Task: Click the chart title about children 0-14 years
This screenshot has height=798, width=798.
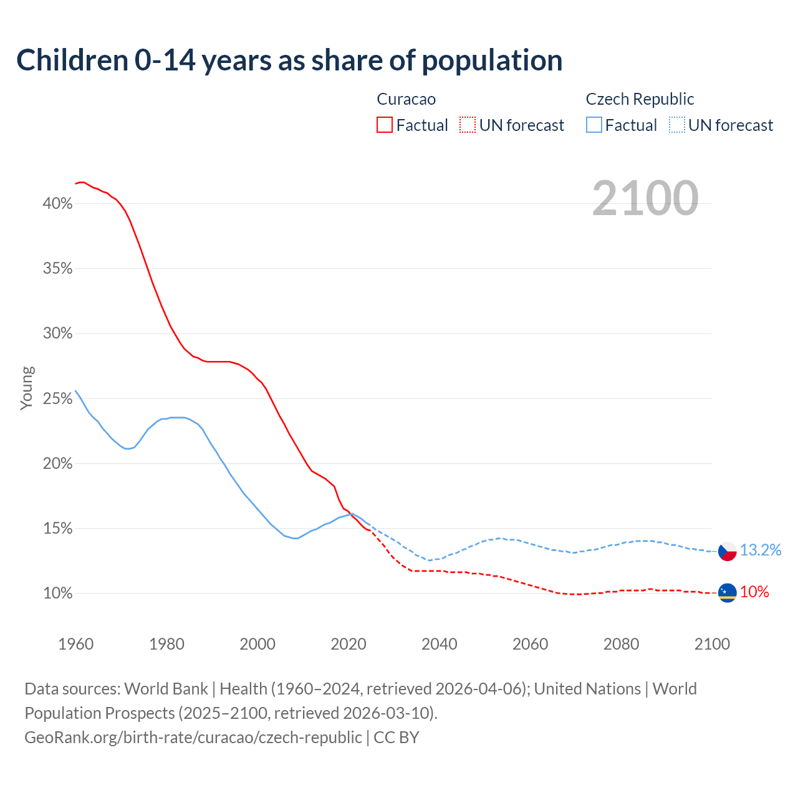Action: (x=289, y=60)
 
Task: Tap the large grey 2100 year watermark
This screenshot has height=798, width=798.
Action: (x=645, y=198)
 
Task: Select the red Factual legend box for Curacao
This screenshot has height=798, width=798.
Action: (x=385, y=125)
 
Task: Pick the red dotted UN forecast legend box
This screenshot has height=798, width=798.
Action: (x=468, y=125)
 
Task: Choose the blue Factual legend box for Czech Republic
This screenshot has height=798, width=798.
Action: (x=594, y=125)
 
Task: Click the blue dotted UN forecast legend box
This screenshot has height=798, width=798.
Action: (x=677, y=125)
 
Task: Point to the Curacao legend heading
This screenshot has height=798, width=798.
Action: (x=406, y=99)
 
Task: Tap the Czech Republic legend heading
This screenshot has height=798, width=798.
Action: (x=640, y=99)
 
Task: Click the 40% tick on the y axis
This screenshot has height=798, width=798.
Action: (x=58, y=204)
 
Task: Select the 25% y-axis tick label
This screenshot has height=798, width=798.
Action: (x=58, y=398)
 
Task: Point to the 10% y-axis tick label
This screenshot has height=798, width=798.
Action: (x=58, y=594)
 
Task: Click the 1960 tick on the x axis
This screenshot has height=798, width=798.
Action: (x=75, y=644)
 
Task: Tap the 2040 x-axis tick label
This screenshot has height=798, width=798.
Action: (x=440, y=644)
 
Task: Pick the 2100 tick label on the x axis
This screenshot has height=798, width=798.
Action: (x=712, y=644)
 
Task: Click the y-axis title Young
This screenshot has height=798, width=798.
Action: (x=27, y=388)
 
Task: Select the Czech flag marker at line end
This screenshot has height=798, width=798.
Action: (x=728, y=551)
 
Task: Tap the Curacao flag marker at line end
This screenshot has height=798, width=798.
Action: (x=728, y=593)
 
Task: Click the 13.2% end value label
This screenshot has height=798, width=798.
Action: (x=761, y=550)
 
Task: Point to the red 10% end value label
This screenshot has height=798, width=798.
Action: (x=754, y=592)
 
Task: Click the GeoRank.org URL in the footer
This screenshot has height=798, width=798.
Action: (x=193, y=738)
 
